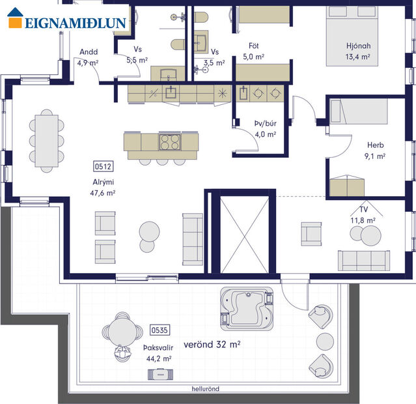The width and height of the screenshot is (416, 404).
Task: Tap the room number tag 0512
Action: click(x=102, y=166)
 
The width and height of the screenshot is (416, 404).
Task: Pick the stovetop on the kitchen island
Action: click(x=170, y=141)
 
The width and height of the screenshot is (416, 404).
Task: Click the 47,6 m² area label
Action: click(x=103, y=193)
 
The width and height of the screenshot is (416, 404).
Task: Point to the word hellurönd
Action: click(x=205, y=389)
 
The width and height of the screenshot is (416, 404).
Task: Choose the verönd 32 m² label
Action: click(x=212, y=344)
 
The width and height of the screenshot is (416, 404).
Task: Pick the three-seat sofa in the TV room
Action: click(x=365, y=259)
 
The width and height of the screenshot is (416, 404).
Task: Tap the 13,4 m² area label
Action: click(x=357, y=57)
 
